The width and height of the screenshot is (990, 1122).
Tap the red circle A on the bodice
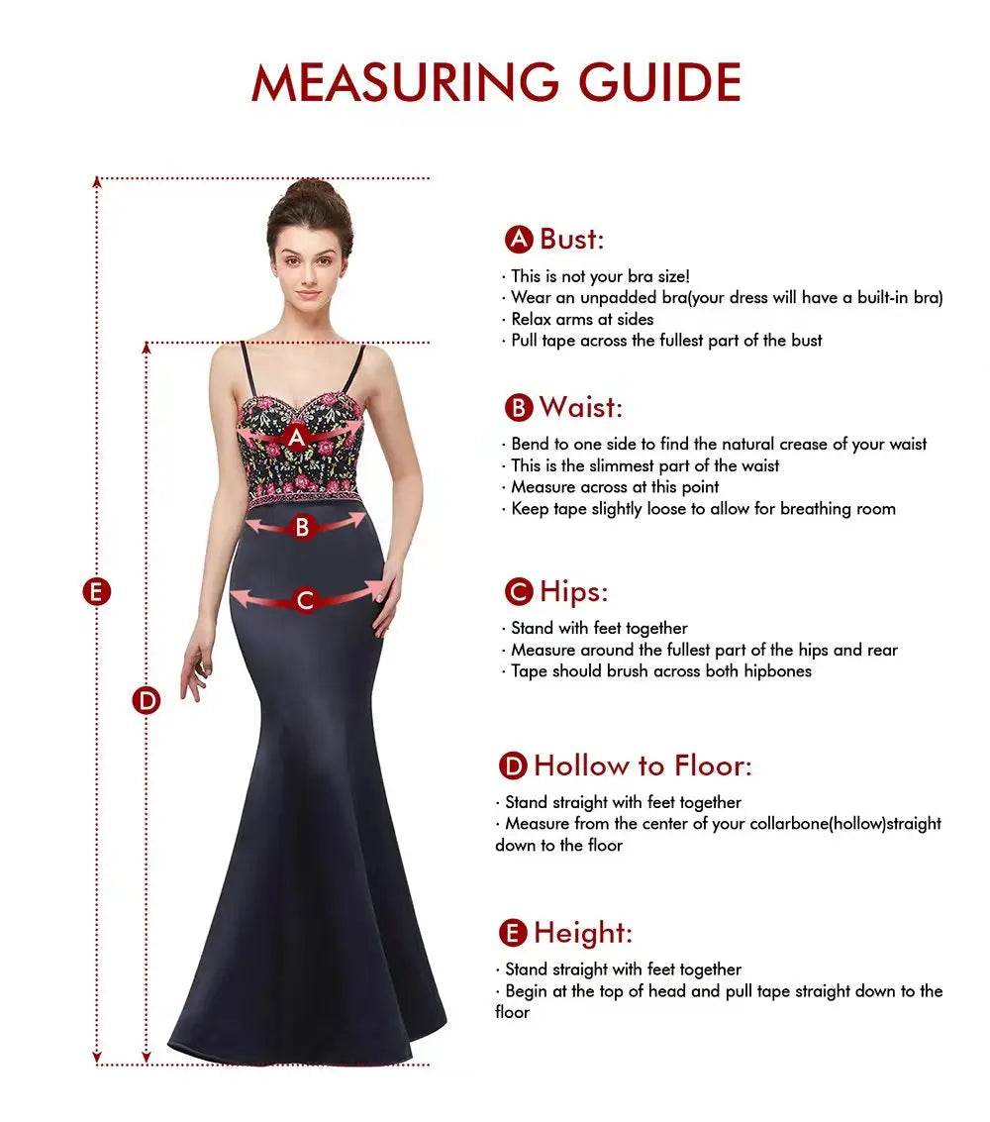click(x=296, y=436)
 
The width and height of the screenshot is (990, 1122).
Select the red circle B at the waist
click(x=303, y=527)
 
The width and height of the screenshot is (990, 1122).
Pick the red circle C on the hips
click(x=305, y=599)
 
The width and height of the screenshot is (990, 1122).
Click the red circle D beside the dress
click(x=147, y=700)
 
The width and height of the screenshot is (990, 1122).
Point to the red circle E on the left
click(x=96, y=592)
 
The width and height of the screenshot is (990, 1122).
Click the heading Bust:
click(x=571, y=239)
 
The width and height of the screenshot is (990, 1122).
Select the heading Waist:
click(x=580, y=407)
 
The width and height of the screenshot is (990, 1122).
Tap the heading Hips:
click(x=573, y=592)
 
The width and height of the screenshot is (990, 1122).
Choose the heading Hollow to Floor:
click(x=643, y=765)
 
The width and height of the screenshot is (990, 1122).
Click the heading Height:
click(x=582, y=933)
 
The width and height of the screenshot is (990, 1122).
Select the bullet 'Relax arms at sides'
click(x=582, y=319)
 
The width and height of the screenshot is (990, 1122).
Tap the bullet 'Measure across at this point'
click(x=615, y=487)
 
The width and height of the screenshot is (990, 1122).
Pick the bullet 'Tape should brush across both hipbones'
click(x=660, y=671)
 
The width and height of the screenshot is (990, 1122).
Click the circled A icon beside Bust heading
click(x=519, y=240)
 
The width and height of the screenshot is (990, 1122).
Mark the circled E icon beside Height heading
click(x=513, y=933)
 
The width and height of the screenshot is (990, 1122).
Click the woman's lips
click(x=308, y=293)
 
